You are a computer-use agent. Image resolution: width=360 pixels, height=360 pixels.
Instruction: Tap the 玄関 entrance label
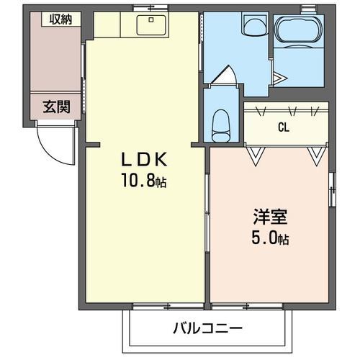56,107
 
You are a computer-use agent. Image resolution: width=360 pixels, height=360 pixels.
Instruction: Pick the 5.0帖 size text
270,238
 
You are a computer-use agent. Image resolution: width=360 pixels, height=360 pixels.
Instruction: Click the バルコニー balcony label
207,328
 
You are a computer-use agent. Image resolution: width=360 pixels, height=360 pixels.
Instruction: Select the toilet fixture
221,125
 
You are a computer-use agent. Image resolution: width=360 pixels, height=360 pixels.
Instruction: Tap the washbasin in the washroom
253,27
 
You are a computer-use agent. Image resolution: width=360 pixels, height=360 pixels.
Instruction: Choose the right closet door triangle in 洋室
314,155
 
